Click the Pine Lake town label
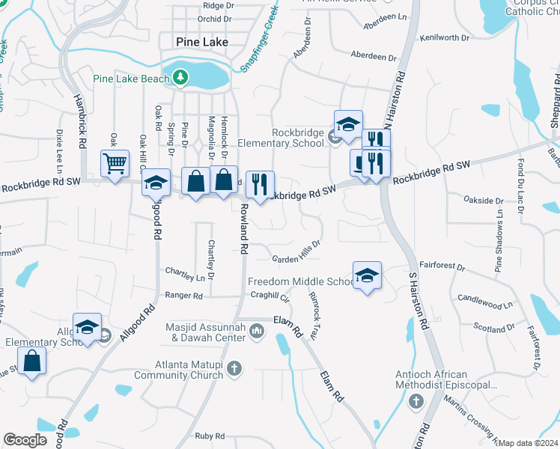pyautogui.click(x=201, y=42)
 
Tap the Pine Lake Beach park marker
pyautogui.click(x=180, y=77)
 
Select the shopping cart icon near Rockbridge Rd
pyautogui.click(x=115, y=163)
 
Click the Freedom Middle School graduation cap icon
pyautogui.click(x=367, y=275)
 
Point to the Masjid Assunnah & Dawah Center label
pyautogui.click(x=208, y=332)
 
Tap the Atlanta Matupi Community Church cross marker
pyautogui.click(x=234, y=368)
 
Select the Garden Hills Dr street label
pyautogui.click(x=296, y=251)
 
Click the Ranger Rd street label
pyautogui.click(x=184, y=296)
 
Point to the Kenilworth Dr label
pyautogui.click(x=444, y=36)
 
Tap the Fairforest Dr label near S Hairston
pyautogui.click(x=442, y=266)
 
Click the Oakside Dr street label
pyautogui.click(x=483, y=201)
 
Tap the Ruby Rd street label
pyautogui.click(x=210, y=436)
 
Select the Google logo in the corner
pyautogui.click(x=25, y=440)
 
